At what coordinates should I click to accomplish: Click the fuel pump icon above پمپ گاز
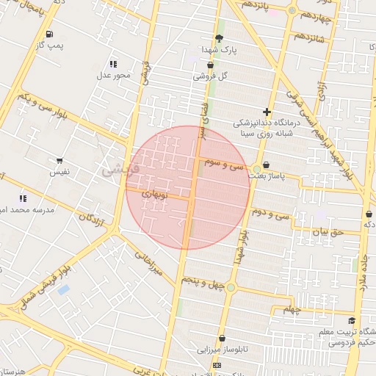49,35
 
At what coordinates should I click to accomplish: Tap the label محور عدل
112,75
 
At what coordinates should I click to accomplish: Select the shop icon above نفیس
59,160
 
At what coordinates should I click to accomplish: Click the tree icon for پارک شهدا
219,39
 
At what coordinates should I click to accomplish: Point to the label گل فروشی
211,76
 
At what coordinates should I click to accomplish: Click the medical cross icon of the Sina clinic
267,112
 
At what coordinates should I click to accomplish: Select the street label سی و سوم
228,166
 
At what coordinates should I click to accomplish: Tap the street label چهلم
292,310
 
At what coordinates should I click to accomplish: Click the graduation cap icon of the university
352,321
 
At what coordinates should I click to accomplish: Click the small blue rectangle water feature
63,289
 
